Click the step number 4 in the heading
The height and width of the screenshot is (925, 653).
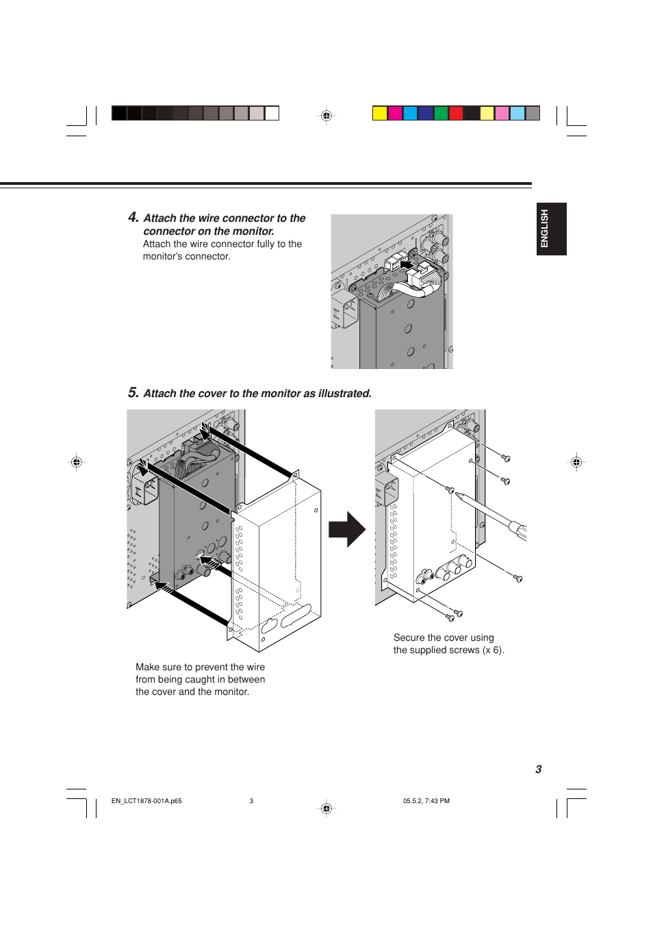[133, 217]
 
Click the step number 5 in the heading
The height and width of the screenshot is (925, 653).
[133, 392]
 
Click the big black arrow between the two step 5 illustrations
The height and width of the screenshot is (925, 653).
[347, 529]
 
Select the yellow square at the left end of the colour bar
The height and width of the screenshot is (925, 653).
[380, 113]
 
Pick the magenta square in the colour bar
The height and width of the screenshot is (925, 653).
[395, 113]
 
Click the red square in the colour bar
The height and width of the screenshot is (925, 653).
[456, 113]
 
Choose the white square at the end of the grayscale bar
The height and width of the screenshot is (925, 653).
[272, 113]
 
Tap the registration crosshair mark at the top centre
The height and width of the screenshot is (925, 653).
[326, 115]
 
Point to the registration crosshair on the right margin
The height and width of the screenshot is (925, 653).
[576, 462]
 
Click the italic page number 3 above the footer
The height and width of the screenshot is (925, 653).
[538, 769]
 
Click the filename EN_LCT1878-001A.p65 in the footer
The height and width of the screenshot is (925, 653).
[146, 800]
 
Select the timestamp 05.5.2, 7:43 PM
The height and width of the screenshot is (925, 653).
[426, 800]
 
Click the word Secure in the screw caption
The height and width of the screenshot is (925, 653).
[409, 637]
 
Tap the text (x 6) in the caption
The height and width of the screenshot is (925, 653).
[493, 650]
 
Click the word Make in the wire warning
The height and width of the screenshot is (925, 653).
[147, 667]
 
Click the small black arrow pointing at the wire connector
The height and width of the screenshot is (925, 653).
[407, 264]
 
